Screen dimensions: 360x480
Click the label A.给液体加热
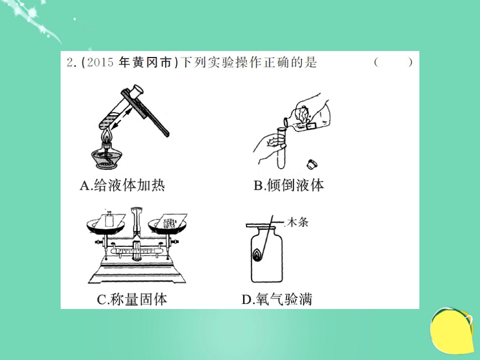122,185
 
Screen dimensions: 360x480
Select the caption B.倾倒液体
289,185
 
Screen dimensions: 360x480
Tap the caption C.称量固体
131,299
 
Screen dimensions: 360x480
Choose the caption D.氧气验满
277,299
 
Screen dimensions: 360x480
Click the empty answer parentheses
394,63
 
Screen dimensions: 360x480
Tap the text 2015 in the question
100,63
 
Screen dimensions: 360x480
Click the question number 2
70,63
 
